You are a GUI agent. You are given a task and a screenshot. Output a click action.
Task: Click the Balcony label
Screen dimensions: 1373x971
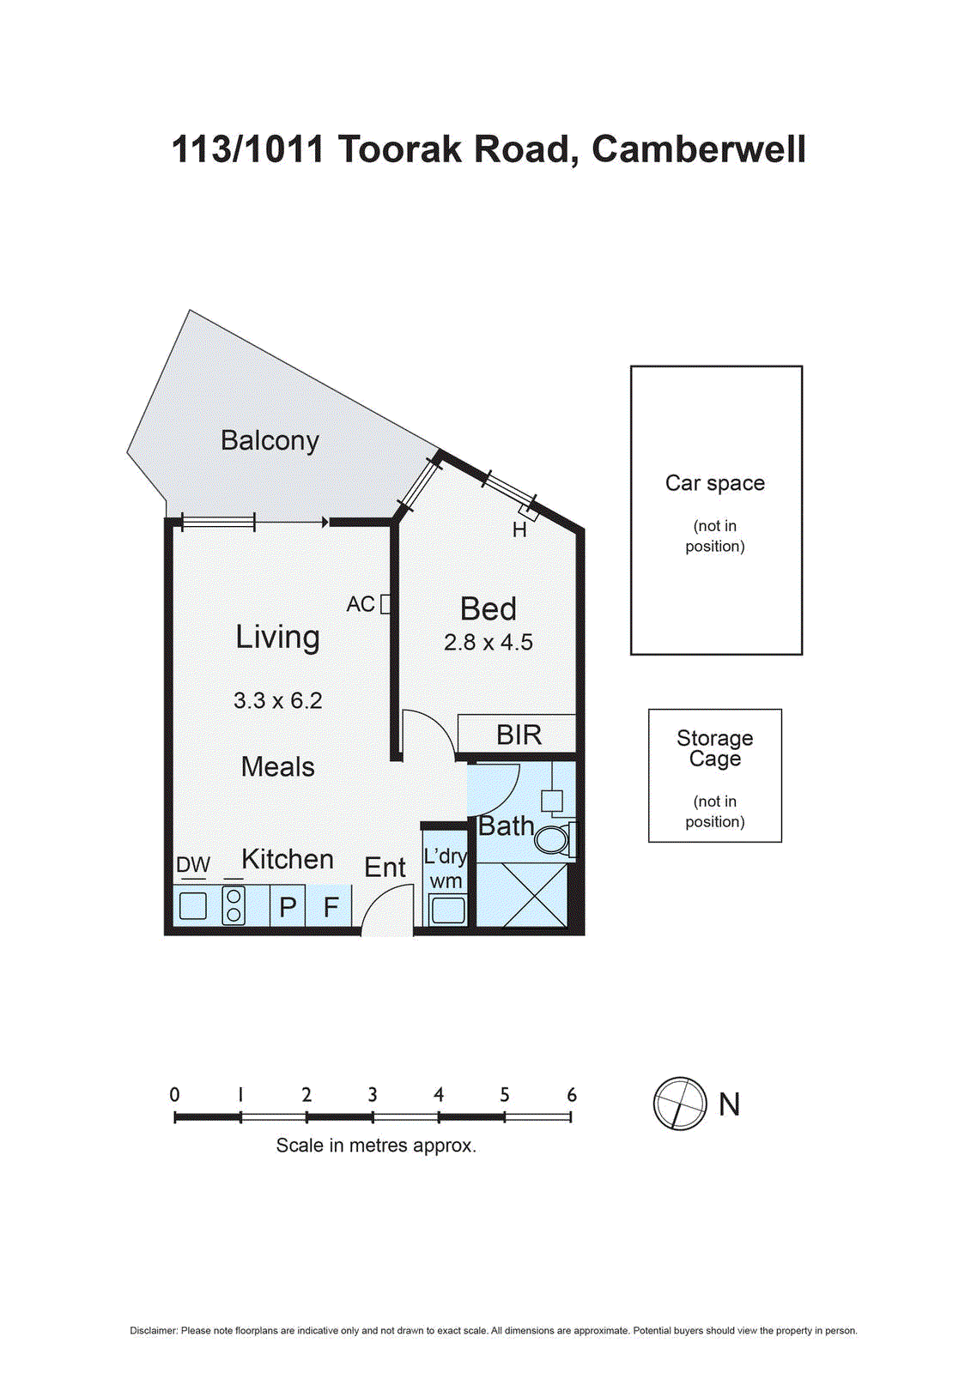point(270,440)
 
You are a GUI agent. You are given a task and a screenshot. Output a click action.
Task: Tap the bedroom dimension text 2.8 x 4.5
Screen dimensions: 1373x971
point(488,642)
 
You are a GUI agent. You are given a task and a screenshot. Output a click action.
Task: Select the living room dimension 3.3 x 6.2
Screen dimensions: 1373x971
point(277,700)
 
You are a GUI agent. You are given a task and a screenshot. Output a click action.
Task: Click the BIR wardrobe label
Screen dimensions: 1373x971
point(519,735)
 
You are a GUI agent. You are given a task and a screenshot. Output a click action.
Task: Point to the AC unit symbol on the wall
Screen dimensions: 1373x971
point(385,603)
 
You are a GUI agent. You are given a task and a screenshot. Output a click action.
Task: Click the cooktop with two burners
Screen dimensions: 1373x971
point(234,905)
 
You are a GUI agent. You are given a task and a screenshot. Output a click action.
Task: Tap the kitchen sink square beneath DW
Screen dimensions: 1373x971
point(192,906)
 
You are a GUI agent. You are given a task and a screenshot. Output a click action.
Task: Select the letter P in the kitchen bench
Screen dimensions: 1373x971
point(288,907)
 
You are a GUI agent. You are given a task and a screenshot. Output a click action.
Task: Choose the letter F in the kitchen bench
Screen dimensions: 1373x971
point(331,907)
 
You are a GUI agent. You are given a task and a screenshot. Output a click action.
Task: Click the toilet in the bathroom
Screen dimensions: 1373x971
point(554,839)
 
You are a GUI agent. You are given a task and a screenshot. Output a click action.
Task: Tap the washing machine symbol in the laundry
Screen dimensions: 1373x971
point(448,910)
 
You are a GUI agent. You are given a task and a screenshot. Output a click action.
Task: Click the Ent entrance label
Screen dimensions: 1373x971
point(385,868)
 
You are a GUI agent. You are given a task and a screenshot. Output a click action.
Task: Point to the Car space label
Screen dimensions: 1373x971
point(714,483)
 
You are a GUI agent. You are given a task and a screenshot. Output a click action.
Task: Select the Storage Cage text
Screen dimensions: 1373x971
point(714,748)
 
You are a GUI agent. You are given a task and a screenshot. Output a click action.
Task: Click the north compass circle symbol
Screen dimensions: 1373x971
point(679,1104)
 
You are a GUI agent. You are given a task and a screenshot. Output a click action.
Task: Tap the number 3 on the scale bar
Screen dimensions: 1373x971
point(373,1095)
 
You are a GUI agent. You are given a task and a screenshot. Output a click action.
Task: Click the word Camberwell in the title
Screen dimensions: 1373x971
point(698,149)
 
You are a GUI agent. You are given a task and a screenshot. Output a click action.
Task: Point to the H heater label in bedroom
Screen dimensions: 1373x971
point(519,530)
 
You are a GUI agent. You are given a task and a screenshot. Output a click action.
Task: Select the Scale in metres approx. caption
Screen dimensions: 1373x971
point(375,1146)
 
